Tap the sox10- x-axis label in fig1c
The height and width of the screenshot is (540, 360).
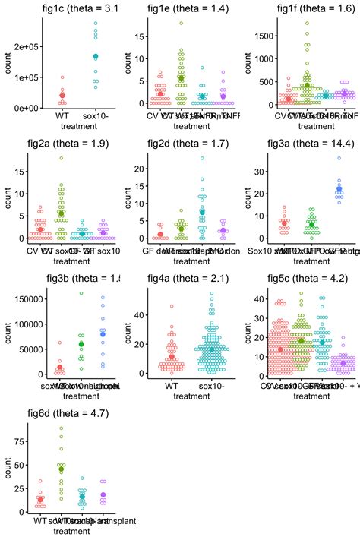click(96, 115)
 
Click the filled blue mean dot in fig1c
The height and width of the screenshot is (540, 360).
click(96, 56)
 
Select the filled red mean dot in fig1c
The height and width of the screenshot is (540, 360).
click(62, 96)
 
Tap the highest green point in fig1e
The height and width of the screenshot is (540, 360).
click(181, 23)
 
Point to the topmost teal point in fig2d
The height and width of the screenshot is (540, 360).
click(202, 158)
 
